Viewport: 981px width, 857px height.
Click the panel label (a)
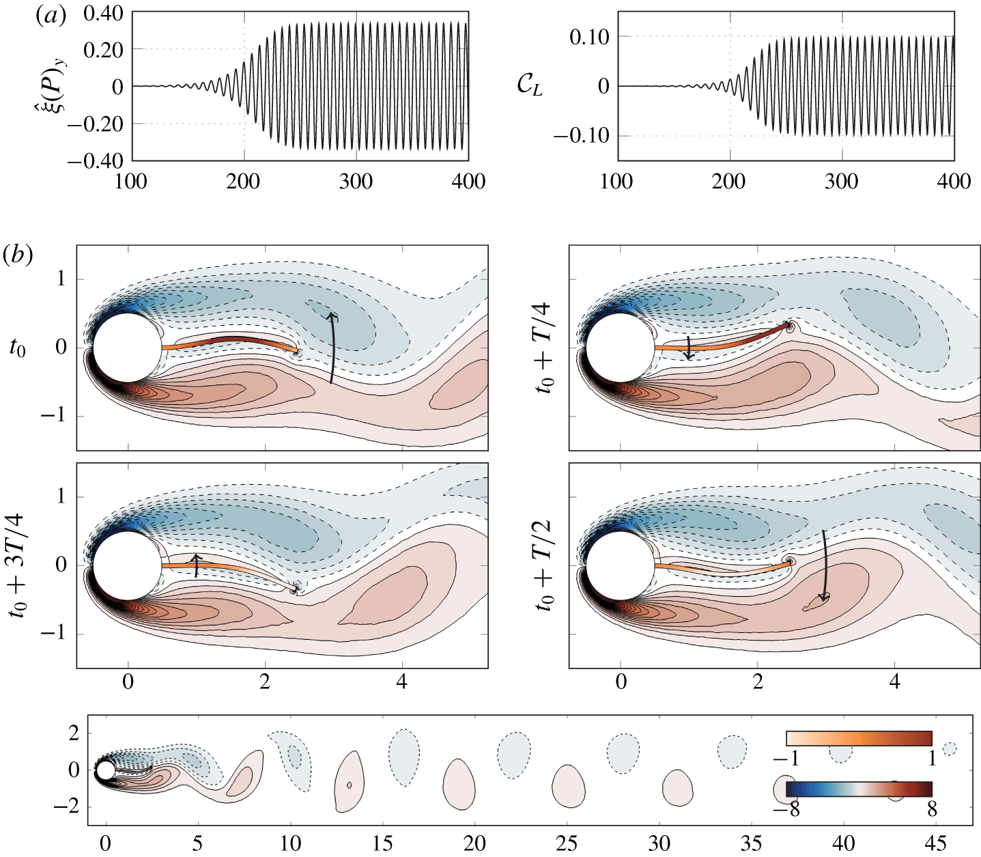[50, 16]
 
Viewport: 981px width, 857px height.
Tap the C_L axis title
[530, 87]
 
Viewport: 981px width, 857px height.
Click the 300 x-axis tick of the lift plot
[841, 182]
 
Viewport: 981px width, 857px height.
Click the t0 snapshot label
[18, 348]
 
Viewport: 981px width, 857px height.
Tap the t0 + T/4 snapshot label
[544, 348]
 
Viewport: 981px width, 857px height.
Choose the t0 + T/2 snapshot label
[544, 565]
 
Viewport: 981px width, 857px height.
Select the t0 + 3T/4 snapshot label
[18, 565]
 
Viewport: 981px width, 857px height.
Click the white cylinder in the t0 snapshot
[127, 348]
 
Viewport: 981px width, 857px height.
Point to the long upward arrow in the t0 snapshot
[332, 348]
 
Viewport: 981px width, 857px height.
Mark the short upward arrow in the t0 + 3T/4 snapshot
[196, 565]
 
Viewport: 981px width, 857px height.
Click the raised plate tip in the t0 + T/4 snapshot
[788, 326]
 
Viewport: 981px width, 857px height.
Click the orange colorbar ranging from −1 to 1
[859, 738]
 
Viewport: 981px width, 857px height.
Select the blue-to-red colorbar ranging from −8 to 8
[859, 789]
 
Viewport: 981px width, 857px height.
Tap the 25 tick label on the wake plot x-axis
[567, 843]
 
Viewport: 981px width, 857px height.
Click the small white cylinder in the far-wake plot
[105, 770]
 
